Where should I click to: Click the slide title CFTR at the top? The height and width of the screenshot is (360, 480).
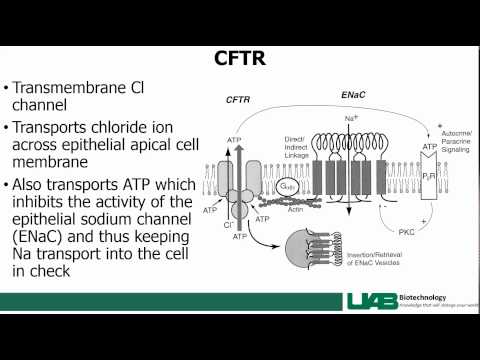239,57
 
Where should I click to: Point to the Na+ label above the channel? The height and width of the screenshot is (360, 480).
351,118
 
